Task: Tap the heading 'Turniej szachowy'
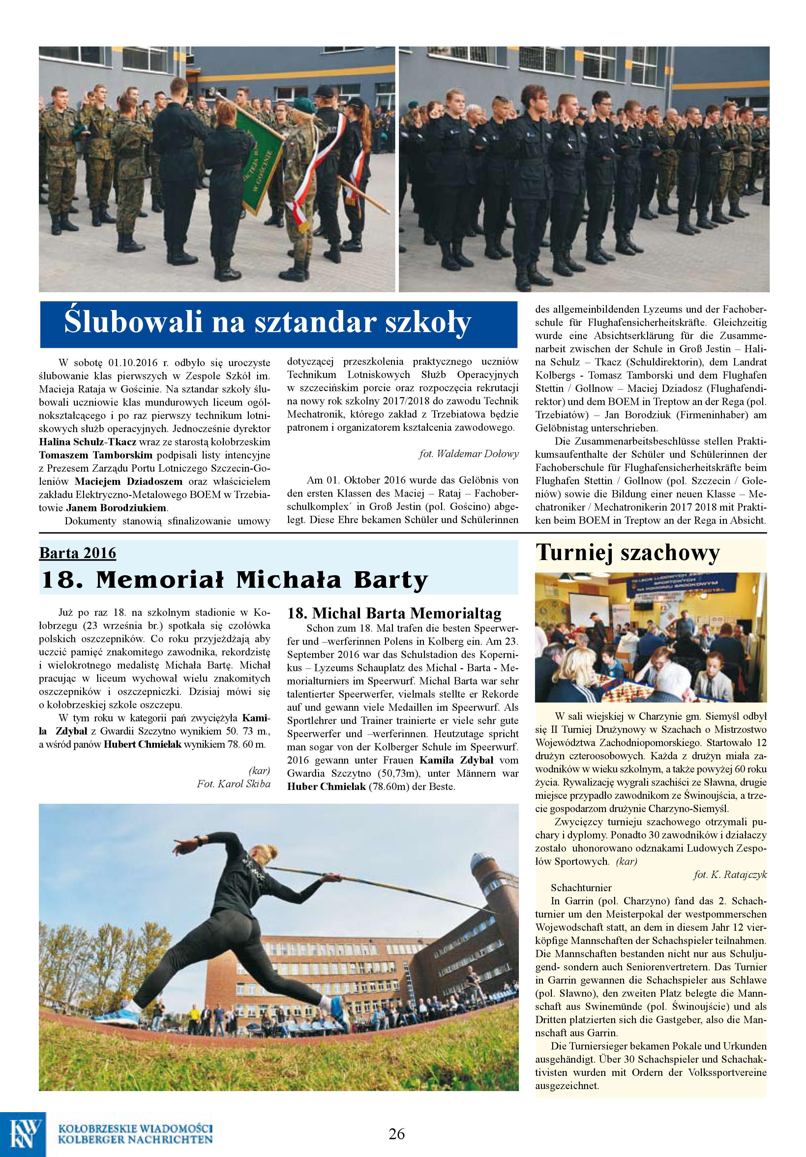627,553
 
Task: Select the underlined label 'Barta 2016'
77,553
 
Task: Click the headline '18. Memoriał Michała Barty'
234,580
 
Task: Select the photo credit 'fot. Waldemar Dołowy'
468,454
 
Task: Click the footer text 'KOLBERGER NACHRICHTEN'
135,1140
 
